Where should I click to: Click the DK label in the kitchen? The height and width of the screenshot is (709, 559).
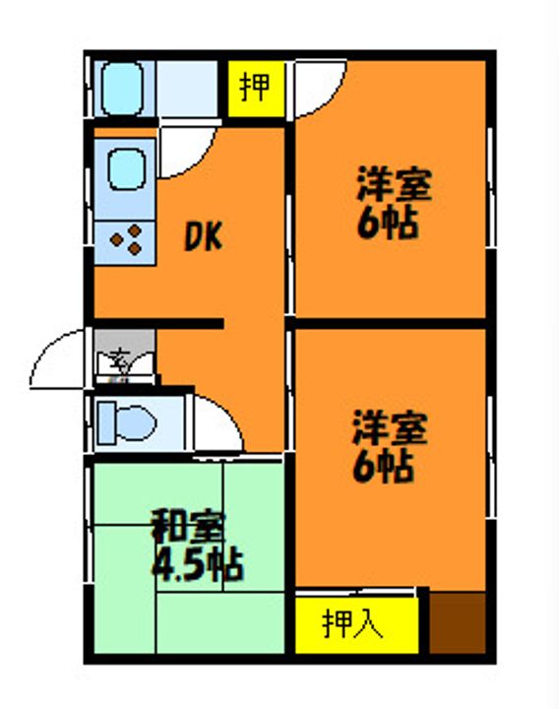coord(205,236)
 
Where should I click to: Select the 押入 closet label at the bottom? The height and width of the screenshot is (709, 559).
coord(354,624)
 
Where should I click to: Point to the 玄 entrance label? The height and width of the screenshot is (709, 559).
coord(117,359)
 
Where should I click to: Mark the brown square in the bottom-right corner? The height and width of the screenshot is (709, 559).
coord(458,622)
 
